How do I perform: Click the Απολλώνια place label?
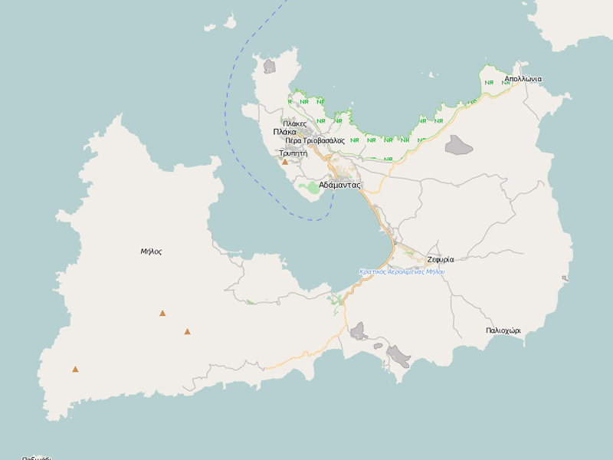coord(523,79)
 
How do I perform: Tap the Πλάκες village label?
coord(294,123)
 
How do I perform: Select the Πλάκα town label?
coord(284,132)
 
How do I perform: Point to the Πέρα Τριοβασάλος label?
coord(315,141)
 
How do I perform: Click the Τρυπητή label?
coord(293,153)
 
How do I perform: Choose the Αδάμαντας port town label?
coord(339,185)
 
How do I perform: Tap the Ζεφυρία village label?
coord(441,259)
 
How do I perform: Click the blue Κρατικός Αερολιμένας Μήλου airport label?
coord(402,272)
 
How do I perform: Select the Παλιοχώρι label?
coord(503,330)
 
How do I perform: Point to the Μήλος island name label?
coord(151,251)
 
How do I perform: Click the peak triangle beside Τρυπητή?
coord(285,163)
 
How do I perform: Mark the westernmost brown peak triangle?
coord(75,370)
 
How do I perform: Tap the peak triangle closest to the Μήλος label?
coord(162,313)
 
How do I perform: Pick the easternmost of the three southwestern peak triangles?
coord(187,332)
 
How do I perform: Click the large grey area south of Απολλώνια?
coord(459,145)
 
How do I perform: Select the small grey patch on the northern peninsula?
coord(269,67)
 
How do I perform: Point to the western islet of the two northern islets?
coord(210,28)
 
